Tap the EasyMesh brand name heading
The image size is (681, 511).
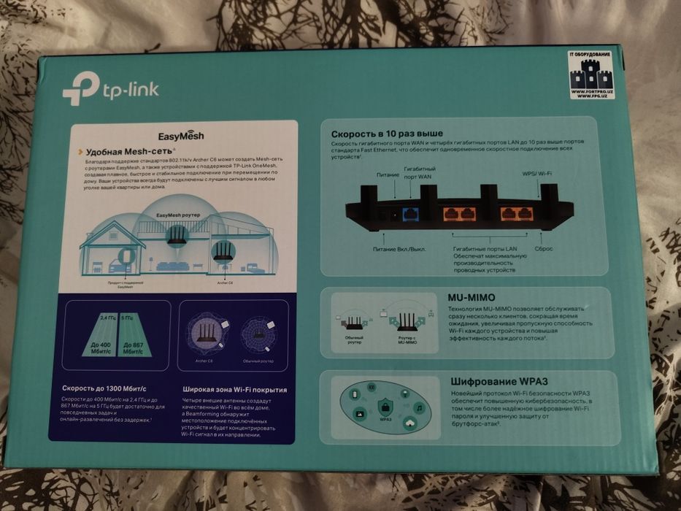[181, 136]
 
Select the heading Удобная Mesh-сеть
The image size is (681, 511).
[132, 152]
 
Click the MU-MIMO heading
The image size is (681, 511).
[471, 298]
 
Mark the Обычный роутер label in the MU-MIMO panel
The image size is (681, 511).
[355, 339]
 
